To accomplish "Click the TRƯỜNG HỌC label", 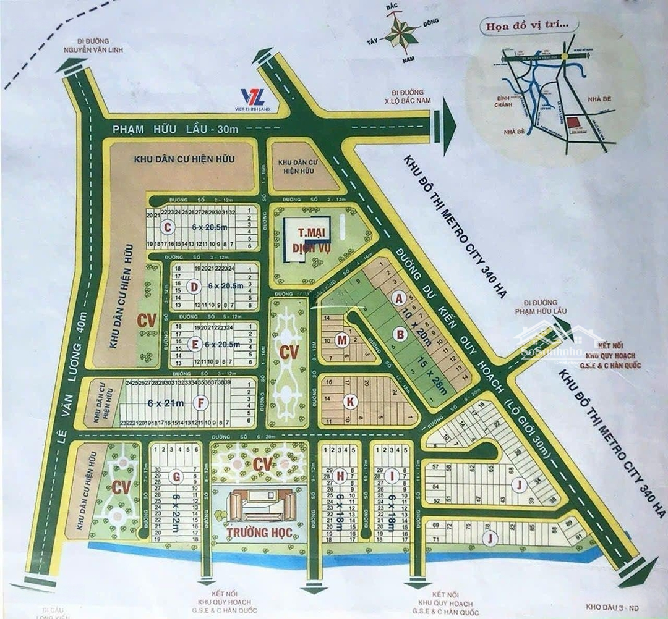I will pyautogui.click(x=260, y=532).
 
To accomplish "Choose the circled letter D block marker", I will pyautogui.click(x=194, y=287).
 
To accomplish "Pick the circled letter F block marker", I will pyautogui.click(x=199, y=403).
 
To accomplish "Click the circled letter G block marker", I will pyautogui.click(x=177, y=476).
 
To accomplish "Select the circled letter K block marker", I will pyautogui.click(x=350, y=402).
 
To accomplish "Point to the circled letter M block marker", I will pyautogui.click(x=341, y=340).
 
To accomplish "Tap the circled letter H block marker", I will pyautogui.click(x=340, y=475).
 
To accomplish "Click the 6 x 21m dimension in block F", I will pyautogui.click(x=165, y=403).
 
